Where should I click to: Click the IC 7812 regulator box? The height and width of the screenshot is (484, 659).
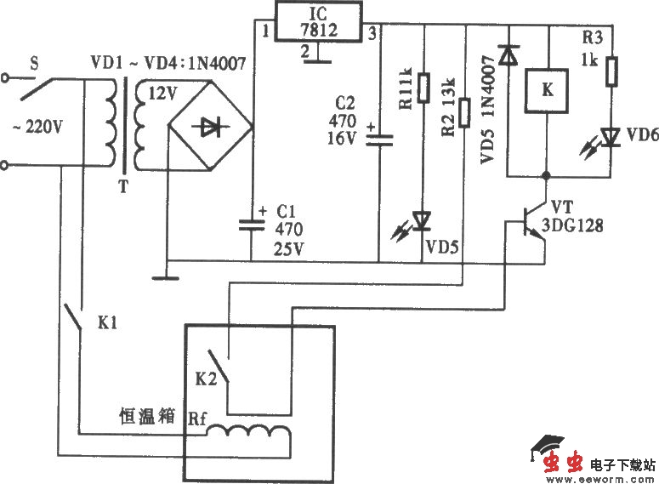click(x=317, y=23)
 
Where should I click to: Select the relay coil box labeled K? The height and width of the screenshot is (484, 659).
click(x=547, y=94)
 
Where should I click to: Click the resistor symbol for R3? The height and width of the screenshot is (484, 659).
click(x=611, y=72)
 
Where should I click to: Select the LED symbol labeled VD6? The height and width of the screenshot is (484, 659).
click(x=610, y=137)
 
